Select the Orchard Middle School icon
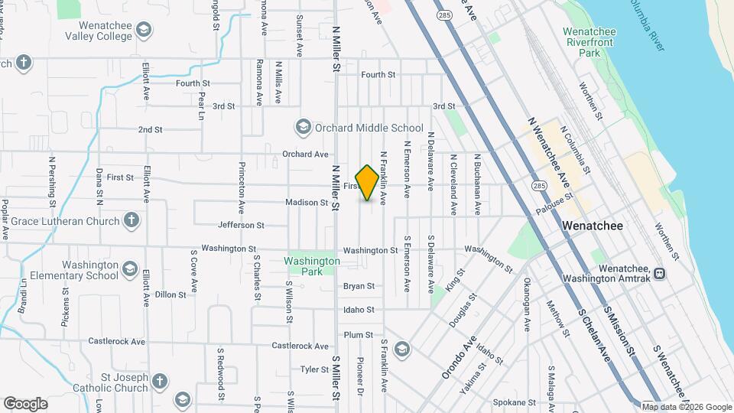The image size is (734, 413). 303,127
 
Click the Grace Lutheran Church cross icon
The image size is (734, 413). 132,221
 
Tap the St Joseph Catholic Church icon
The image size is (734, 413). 159,381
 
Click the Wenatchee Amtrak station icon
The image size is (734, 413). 658,272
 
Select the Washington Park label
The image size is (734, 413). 312,266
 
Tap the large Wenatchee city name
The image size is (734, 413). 593,226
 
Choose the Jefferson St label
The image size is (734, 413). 241,226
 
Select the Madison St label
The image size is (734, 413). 307,203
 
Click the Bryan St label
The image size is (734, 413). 359,286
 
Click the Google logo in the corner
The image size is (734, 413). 25,403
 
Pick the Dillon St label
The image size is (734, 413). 170,294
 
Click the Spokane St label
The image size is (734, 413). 514,402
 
